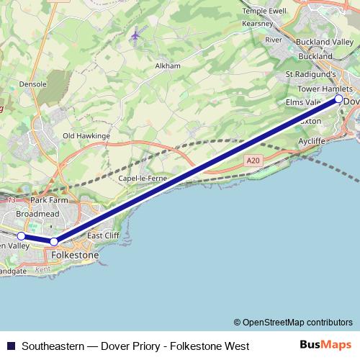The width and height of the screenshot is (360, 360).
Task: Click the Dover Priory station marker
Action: (339, 100)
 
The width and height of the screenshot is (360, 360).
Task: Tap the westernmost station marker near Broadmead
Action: (22, 235)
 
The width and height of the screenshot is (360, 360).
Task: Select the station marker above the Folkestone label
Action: (54, 241)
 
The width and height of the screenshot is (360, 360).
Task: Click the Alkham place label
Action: (167, 66)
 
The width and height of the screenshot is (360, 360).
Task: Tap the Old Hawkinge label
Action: (86, 135)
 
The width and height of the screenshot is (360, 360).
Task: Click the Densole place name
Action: (33, 84)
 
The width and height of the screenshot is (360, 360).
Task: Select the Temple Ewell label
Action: (265, 12)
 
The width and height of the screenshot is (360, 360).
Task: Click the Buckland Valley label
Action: (325, 43)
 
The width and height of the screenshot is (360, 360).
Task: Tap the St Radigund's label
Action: (311, 73)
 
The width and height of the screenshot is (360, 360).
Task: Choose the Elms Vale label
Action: (303, 103)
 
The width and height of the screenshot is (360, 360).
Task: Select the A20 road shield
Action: (251, 161)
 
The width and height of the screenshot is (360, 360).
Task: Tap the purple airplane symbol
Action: (136, 34)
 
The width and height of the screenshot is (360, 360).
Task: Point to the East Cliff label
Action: (104, 235)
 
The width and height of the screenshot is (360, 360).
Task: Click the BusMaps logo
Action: (325, 346)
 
